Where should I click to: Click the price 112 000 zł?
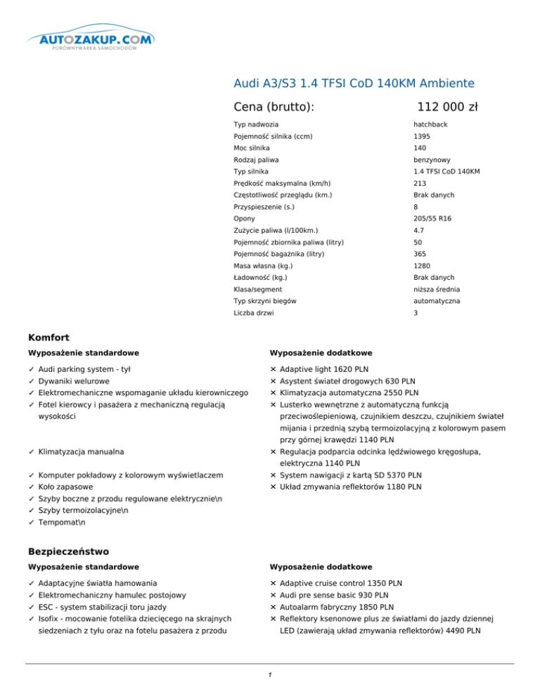pyautogui.click(x=447, y=107)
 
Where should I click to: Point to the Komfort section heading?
pyautogui.click(x=49, y=337)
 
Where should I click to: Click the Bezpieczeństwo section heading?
pyautogui.click(x=68, y=552)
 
